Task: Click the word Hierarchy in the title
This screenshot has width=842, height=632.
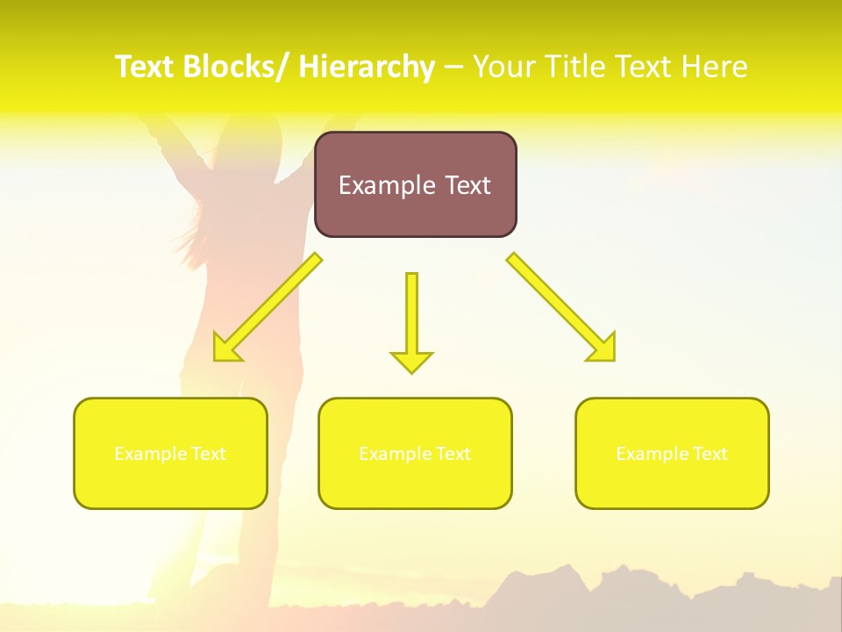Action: tap(366, 67)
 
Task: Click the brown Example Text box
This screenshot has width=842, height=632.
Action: tap(415, 184)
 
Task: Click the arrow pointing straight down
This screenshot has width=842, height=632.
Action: tap(411, 316)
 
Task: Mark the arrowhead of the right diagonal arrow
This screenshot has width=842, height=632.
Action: tap(603, 348)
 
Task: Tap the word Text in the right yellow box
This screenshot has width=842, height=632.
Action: tap(710, 454)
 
